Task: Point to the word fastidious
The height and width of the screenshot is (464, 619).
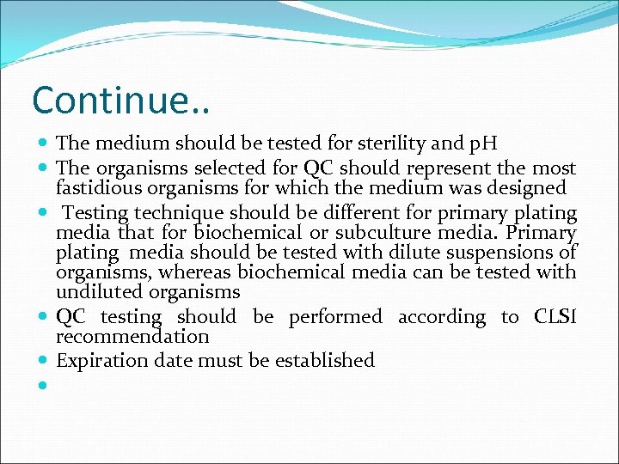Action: (99, 187)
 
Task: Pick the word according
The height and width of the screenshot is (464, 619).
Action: (441, 317)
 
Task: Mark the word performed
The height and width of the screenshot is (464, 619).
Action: (335, 317)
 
